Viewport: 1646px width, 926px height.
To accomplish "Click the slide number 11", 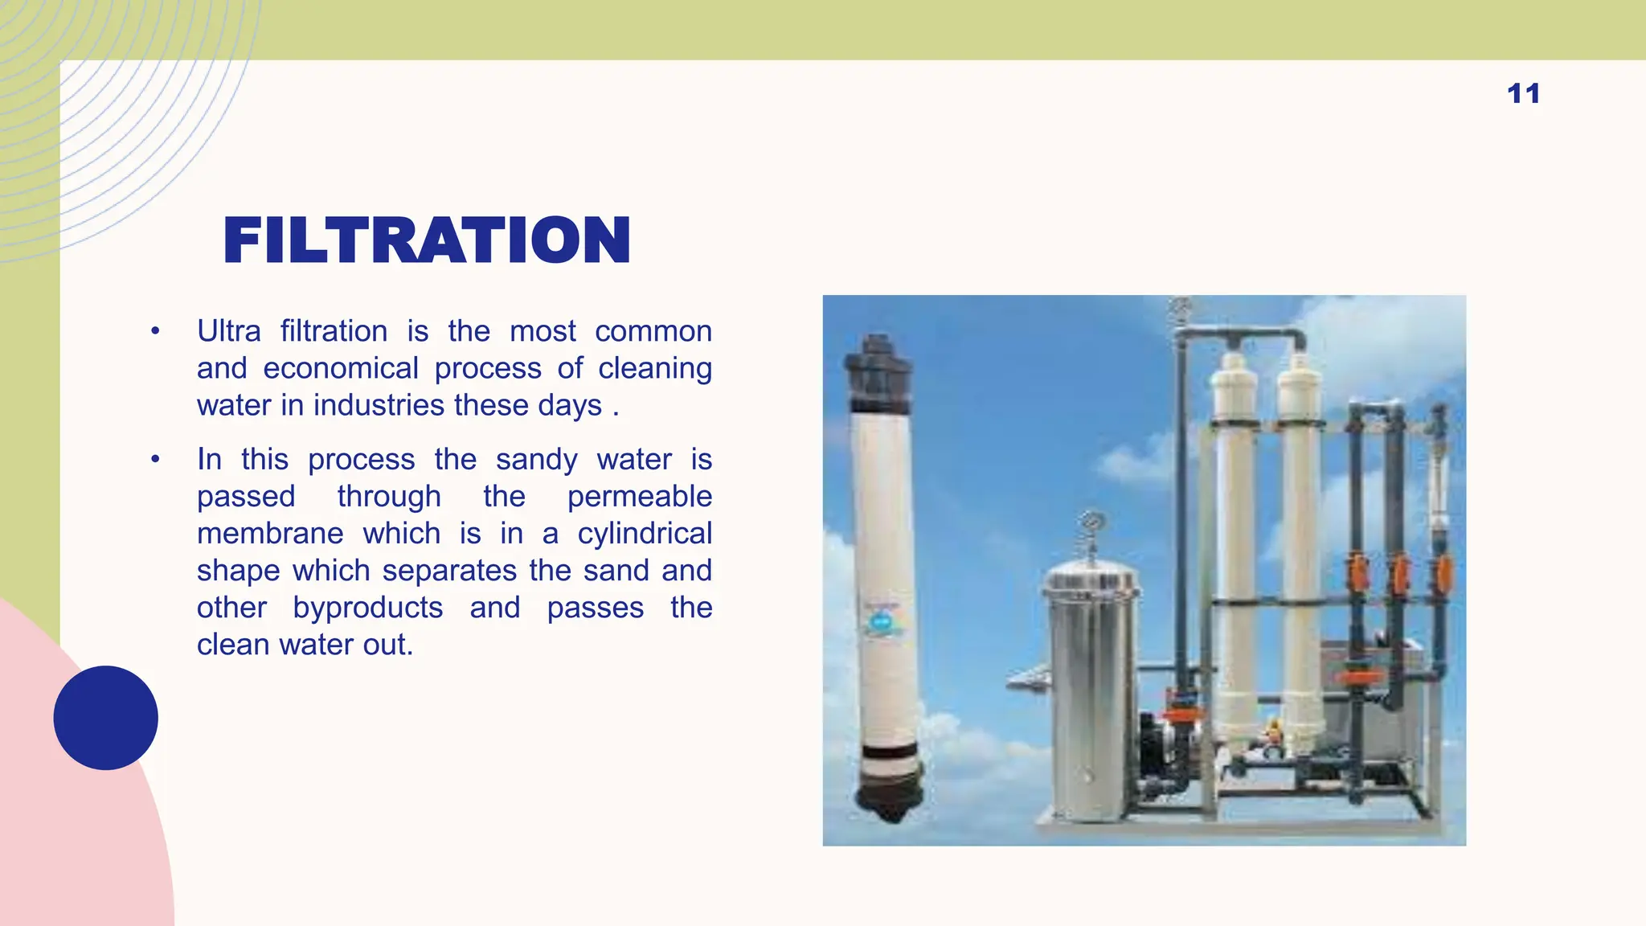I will (x=1523, y=94).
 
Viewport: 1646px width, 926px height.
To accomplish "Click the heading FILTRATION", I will (x=427, y=240).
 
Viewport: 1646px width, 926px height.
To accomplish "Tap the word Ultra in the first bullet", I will (x=229, y=331).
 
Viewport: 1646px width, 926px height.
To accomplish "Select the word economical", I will (x=341, y=368).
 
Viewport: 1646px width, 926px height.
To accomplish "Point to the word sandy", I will (x=536, y=460).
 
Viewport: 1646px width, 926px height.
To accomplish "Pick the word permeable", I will (x=639, y=497).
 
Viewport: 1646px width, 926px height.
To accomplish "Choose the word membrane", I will (x=270, y=534).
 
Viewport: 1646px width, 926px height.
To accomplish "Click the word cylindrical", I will (x=645, y=534).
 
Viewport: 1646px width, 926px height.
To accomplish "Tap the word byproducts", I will (x=367, y=608).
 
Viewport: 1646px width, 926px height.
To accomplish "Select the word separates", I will (x=449, y=571).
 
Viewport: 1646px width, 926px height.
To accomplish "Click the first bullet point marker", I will (x=155, y=331).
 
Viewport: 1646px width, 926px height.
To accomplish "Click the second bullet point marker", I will (x=155, y=460).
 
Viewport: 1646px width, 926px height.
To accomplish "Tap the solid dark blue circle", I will (x=105, y=718).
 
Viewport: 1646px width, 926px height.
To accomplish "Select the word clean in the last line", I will (x=233, y=645).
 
